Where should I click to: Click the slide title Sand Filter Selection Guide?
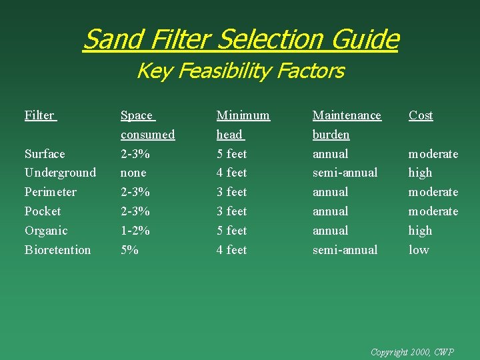click(x=240, y=39)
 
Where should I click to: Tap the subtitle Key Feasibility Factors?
click(x=240, y=71)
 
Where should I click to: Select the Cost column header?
click(x=421, y=115)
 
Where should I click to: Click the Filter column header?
click(x=39, y=115)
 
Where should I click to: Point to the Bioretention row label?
click(x=57, y=250)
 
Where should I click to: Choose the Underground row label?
click(x=60, y=173)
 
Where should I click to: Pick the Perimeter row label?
click(x=50, y=192)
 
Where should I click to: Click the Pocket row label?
click(x=43, y=211)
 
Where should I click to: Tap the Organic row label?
click(x=46, y=231)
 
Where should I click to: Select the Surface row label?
click(x=45, y=154)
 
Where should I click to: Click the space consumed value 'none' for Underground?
click(x=133, y=173)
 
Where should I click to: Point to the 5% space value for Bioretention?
click(x=129, y=250)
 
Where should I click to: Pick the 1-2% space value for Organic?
click(x=135, y=231)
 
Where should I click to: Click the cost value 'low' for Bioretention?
click(x=419, y=250)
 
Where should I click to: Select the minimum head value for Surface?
click(x=231, y=154)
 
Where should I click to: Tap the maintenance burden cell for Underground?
click(x=345, y=173)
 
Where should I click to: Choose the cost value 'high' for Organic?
click(x=420, y=231)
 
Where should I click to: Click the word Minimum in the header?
click(x=243, y=115)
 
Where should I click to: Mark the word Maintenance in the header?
click(x=347, y=115)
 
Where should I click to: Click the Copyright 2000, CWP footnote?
click(x=411, y=351)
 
